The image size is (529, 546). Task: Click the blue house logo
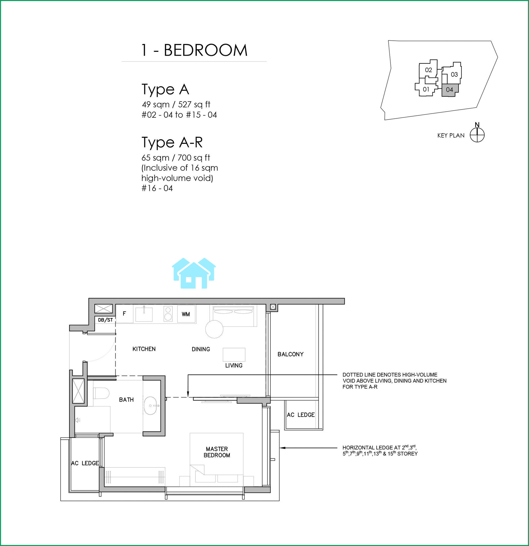click(x=194, y=273)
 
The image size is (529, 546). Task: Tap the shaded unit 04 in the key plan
click(x=449, y=90)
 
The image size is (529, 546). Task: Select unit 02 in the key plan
click(x=428, y=70)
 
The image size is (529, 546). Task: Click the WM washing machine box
click(x=186, y=314)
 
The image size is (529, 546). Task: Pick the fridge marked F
click(x=124, y=314)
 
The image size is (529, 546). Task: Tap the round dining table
click(x=214, y=329)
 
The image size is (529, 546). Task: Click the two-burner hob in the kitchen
click(x=168, y=314)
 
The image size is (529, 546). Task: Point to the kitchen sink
click(x=144, y=314)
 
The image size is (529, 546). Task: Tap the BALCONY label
click(x=290, y=354)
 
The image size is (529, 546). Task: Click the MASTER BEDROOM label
click(x=217, y=452)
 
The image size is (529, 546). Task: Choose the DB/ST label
click(x=105, y=320)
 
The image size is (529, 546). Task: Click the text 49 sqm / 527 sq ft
click(x=176, y=105)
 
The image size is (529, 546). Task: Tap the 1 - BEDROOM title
click(x=194, y=51)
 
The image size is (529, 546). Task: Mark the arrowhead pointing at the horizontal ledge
click(x=282, y=448)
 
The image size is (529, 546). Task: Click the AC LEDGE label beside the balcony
click(x=301, y=415)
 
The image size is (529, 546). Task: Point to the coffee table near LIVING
click(x=234, y=355)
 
